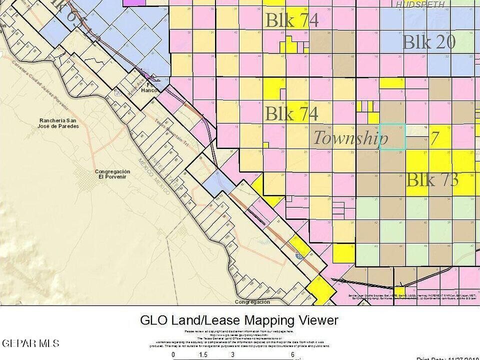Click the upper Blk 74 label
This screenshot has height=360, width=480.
pyautogui.click(x=291, y=20)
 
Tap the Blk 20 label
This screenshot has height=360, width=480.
pyautogui.click(x=428, y=42)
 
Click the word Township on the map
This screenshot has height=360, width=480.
pyautogui.click(x=350, y=138)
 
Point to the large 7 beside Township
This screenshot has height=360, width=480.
pyautogui.click(x=435, y=138)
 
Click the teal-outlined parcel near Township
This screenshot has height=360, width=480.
pyautogui.click(x=392, y=136)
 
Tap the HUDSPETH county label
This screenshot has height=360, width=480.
pyautogui.click(x=420, y=4)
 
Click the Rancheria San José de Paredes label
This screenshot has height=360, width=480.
pyautogui.click(x=59, y=123)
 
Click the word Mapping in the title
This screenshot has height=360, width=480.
pyautogui.click(x=274, y=320)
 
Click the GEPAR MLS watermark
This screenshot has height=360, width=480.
pyautogui.click(x=30, y=343)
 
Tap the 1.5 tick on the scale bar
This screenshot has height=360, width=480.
pyautogui.click(x=203, y=354)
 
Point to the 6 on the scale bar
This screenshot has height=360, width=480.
pyautogui.click(x=292, y=354)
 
